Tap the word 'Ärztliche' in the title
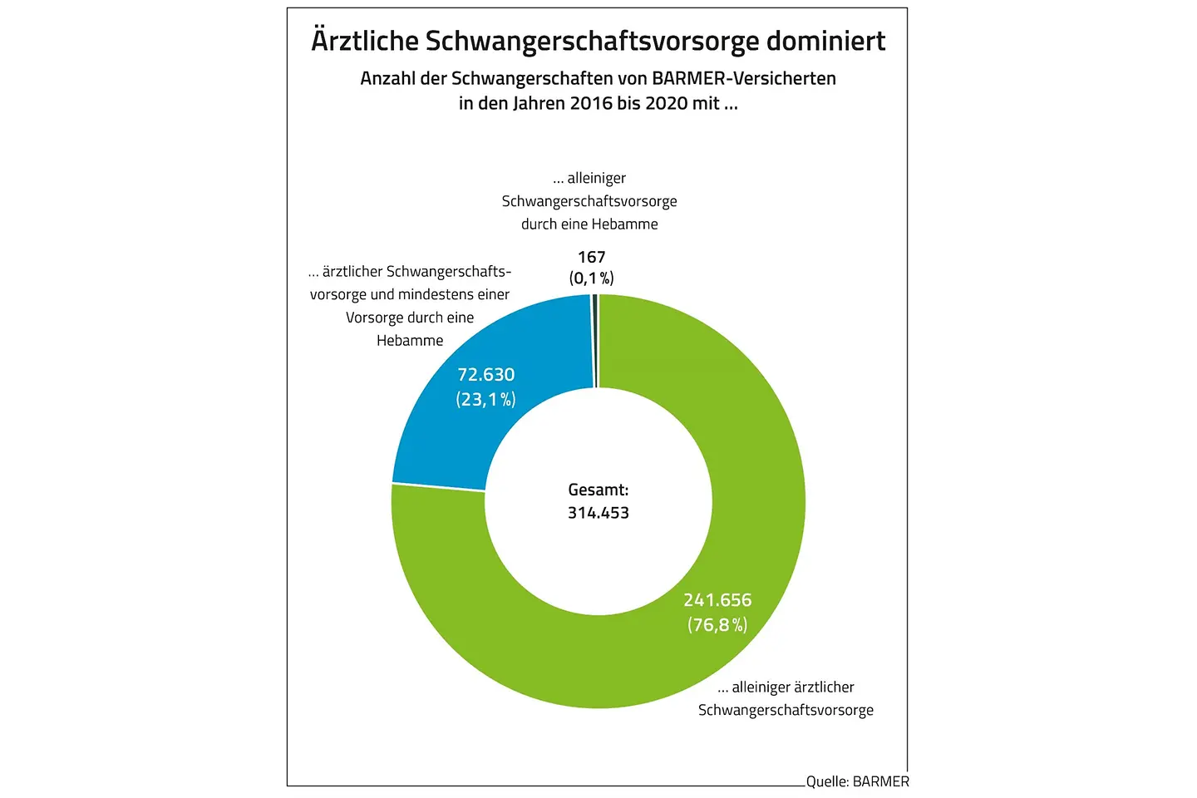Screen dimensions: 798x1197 (x=364, y=41)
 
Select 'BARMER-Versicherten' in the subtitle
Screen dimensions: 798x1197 (x=744, y=79)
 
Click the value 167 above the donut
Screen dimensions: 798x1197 (x=592, y=257)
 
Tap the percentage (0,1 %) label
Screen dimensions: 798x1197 (x=592, y=278)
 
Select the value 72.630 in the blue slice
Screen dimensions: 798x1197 (x=486, y=375)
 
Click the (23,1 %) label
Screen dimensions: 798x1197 (x=486, y=400)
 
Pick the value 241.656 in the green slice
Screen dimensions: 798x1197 (x=717, y=600)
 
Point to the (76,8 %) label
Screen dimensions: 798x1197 (x=717, y=625)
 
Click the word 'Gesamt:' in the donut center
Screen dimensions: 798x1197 (x=598, y=490)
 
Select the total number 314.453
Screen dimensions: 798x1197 (x=598, y=513)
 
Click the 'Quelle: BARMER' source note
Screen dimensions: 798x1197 (x=857, y=781)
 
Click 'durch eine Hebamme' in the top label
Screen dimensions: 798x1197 (x=589, y=224)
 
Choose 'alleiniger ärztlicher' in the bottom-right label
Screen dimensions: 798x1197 (x=792, y=687)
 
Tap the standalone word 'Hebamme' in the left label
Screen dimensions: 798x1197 (x=410, y=341)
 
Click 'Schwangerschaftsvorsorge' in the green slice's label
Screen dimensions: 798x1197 (x=786, y=710)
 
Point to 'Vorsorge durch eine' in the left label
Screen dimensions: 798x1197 (x=410, y=318)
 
